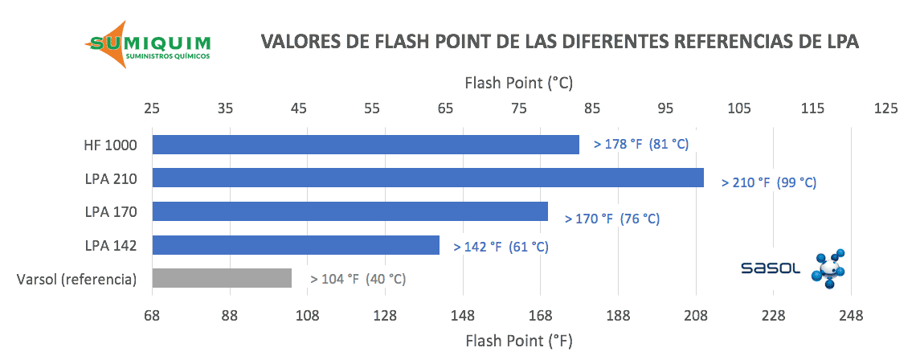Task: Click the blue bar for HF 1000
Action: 366,145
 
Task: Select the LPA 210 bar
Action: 427,178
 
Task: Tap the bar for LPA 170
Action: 350,211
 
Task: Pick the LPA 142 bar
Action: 296,245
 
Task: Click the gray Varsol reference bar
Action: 222,278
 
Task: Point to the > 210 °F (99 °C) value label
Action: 768,183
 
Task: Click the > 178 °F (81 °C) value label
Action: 641,145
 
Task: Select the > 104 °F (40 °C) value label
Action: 358,280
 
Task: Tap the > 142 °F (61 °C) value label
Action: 501,247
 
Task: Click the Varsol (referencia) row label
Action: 76,279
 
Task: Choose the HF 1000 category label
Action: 110,145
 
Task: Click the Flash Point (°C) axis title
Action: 518,83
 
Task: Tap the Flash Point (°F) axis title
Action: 518,341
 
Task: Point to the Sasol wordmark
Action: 770,269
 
